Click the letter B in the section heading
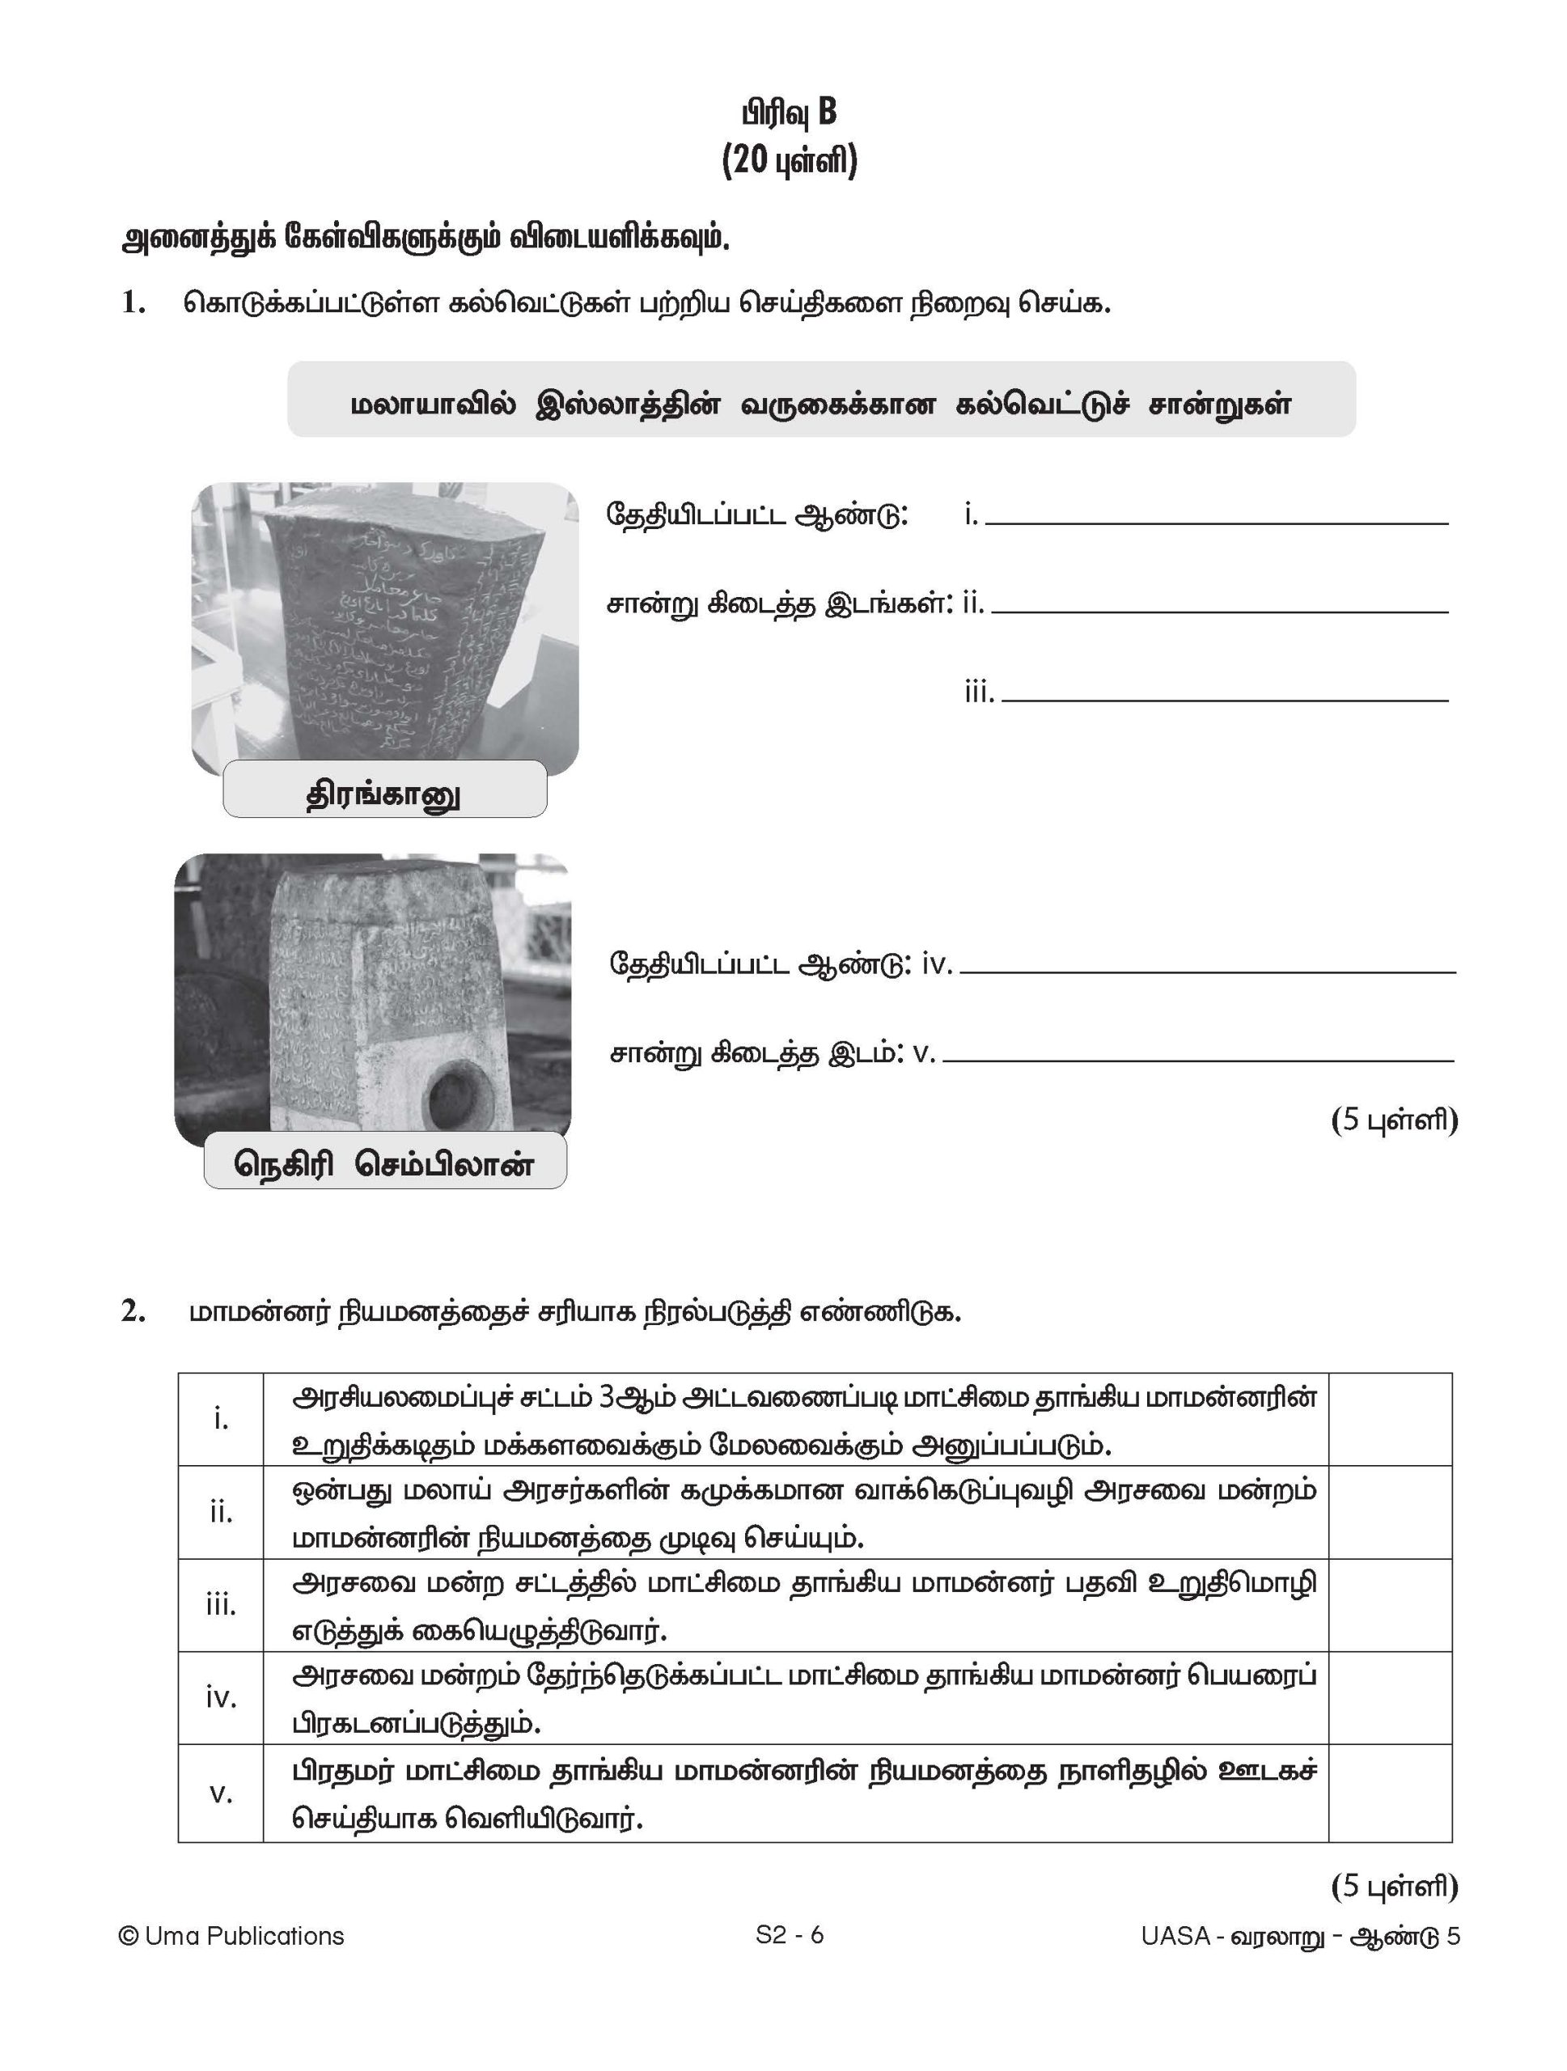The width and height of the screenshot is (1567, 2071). coord(826,112)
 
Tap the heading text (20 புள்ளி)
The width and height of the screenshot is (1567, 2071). coord(789,162)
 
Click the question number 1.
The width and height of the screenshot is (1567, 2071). coord(133,303)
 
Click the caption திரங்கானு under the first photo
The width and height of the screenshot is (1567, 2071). coord(383,795)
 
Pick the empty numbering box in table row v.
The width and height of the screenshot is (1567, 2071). coord(1389,1793)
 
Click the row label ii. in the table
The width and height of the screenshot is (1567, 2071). coord(221,1512)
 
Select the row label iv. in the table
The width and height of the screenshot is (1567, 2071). coord(221,1696)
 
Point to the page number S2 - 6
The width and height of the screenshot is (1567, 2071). coord(789,1934)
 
